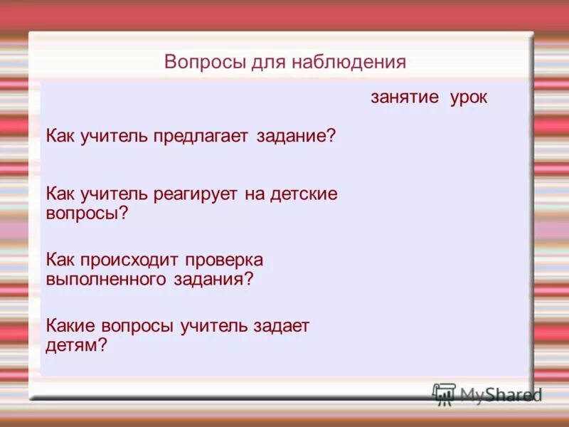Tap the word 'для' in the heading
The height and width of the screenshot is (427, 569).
pyautogui.click(x=267, y=62)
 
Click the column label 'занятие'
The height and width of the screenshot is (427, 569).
pyautogui.click(x=405, y=97)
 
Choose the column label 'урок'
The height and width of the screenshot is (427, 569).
pyautogui.click(x=469, y=97)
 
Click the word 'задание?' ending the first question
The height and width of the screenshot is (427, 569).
pyautogui.click(x=295, y=135)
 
